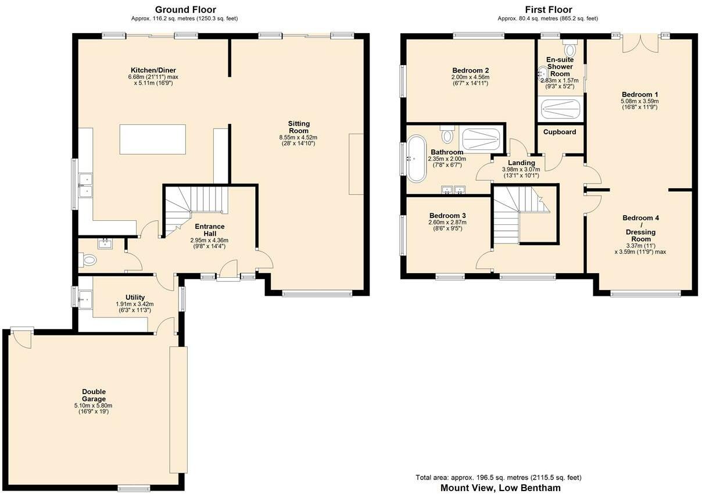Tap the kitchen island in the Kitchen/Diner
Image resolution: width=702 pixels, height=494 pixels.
[x=153, y=139]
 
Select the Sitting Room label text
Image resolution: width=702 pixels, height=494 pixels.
[x=299, y=127]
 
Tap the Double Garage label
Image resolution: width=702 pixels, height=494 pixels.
[x=94, y=395]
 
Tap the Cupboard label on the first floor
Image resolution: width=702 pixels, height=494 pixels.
[x=560, y=132]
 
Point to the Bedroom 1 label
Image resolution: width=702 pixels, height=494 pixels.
[x=640, y=95]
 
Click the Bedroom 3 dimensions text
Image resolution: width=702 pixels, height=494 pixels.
[x=447, y=225]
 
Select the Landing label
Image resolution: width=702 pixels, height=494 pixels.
[x=521, y=163]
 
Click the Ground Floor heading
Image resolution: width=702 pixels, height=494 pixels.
[x=185, y=9]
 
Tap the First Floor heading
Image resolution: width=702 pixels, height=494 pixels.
[x=548, y=9]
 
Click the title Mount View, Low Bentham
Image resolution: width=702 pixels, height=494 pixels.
[x=500, y=488]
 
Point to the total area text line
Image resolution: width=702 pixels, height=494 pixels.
[x=498, y=478]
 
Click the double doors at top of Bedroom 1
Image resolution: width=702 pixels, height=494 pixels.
[x=640, y=44]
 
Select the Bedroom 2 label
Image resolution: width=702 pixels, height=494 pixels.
[x=470, y=69]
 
